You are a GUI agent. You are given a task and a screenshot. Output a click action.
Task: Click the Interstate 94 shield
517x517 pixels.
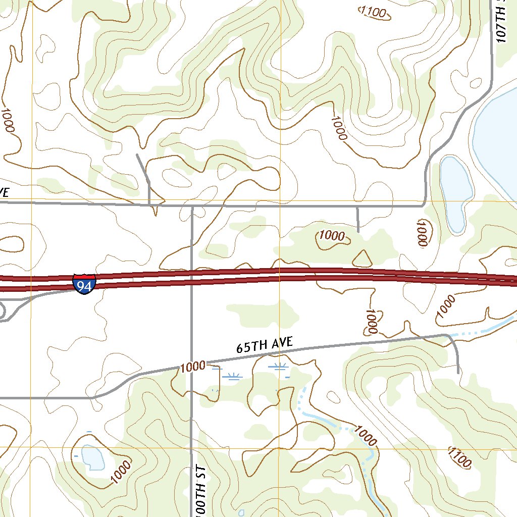[84, 284]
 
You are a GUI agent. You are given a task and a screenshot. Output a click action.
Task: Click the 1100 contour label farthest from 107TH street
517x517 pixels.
[459, 457]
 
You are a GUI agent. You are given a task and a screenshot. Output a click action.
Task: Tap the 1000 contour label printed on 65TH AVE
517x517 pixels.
[193, 366]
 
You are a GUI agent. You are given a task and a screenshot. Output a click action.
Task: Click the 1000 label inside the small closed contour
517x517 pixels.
[332, 236]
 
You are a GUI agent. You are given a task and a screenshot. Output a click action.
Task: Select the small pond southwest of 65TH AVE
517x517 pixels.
[92, 457]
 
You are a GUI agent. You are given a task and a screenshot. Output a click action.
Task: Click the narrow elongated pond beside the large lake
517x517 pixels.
[456, 192]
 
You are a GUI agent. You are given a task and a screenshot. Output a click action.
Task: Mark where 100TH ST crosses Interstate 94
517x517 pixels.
[192, 277]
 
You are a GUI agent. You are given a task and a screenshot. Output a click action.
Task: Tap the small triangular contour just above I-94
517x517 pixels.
[361, 259]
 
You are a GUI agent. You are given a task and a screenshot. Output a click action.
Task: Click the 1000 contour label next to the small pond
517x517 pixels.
[120, 471]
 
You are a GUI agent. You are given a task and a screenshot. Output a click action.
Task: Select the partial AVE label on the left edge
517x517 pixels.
[4, 192]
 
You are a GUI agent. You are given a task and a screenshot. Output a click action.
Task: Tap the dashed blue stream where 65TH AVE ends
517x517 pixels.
[467, 334]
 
